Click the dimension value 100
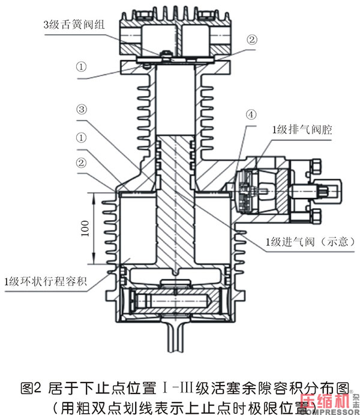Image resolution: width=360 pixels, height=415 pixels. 85,230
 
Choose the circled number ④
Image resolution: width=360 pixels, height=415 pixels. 250,113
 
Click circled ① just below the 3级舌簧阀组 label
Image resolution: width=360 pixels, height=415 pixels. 82,65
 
